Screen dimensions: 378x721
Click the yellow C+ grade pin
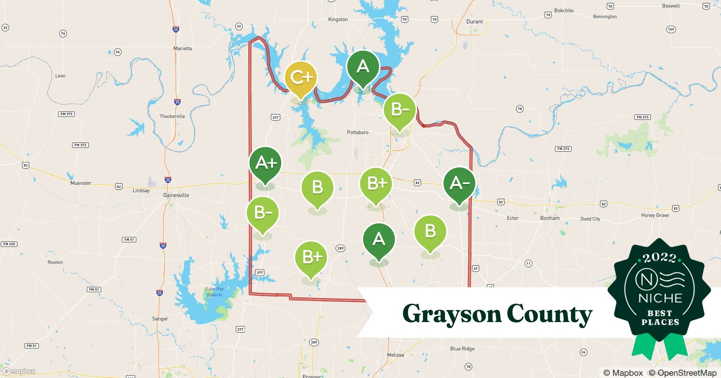pos(300,78)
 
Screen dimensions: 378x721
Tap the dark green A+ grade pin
pos(265,163)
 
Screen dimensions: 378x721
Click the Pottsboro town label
pos(357,132)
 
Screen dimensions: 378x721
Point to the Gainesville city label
pos(176,195)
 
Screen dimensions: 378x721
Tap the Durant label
pos(475,22)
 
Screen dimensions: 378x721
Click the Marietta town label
pos(182,48)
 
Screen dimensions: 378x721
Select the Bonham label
pos(550,218)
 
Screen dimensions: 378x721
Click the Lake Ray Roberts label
pos(214,291)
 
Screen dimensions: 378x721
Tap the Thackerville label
pos(172,116)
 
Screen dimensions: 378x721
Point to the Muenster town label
pos(81,183)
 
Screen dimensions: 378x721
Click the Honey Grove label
pos(655,215)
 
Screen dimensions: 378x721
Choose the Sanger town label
pos(160,319)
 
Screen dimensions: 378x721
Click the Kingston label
pos(338,19)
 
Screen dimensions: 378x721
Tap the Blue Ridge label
pos(462,349)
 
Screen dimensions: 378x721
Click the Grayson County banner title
pos(497,314)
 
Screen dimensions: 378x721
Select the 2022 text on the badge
pos(659,258)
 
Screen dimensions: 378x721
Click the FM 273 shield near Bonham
pos(563,149)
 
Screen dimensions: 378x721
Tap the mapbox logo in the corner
pos(19,371)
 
